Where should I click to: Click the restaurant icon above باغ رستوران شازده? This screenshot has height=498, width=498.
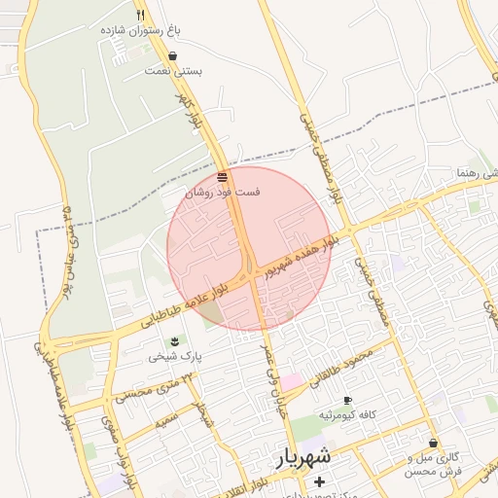click(142, 15)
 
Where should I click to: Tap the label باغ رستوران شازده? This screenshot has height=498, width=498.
click(141, 31)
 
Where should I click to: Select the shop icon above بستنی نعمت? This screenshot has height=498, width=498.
click(172, 55)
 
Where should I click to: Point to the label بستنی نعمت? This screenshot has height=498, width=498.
click(173, 71)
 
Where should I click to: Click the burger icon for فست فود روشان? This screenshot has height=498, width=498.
click(223, 177)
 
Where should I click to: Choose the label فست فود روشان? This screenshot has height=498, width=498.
click(223, 193)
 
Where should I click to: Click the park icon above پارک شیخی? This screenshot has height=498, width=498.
click(174, 340)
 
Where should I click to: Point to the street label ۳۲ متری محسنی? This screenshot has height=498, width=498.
click(147, 392)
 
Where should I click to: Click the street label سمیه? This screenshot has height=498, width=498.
click(168, 421)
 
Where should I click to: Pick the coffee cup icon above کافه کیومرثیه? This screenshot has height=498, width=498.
click(346, 400)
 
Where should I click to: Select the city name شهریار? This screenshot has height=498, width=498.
click(302, 456)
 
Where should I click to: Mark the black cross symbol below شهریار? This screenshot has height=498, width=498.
click(319, 480)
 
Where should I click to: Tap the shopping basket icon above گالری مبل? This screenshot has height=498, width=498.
click(433, 443)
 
